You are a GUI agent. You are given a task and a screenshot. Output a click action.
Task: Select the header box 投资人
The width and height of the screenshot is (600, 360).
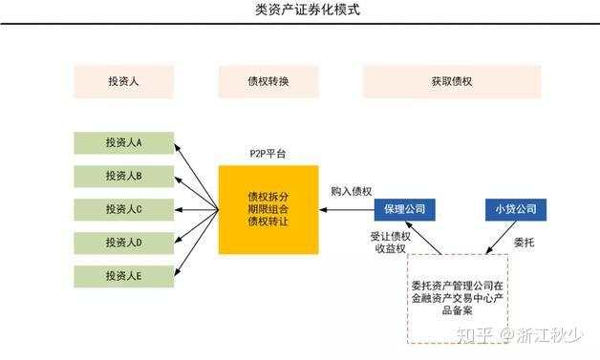124,81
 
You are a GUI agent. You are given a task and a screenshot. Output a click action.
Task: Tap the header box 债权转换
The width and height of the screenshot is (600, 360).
268,81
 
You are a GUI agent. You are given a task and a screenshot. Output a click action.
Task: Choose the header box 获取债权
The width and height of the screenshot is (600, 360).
451,81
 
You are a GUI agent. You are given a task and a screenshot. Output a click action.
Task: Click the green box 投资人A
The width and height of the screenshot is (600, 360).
124,142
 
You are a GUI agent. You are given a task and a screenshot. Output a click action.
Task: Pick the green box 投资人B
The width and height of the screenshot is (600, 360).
124,176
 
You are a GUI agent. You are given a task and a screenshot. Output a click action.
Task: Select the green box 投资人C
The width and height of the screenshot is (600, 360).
124,209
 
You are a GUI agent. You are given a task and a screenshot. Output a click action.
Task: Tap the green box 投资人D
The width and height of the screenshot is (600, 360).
124,243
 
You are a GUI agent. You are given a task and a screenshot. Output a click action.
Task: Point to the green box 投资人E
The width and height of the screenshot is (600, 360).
124,276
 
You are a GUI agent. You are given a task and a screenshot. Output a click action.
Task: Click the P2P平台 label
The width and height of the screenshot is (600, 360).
268,153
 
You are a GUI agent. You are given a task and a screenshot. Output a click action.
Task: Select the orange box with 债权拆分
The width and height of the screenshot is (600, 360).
268,209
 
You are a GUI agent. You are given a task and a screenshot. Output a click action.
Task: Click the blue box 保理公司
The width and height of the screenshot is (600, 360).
404,209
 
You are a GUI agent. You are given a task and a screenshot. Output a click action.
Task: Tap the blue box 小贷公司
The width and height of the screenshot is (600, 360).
514,209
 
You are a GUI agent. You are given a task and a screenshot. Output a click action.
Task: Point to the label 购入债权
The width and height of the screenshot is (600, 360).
351,191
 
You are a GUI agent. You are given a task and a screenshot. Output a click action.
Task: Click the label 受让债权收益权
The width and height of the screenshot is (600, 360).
389,242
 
